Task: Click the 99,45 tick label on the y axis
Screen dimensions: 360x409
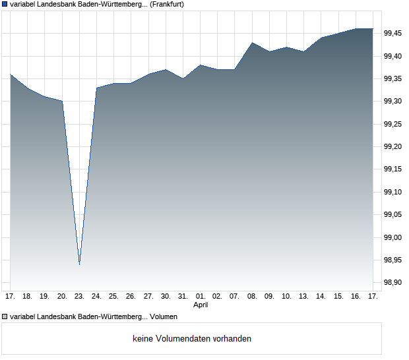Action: click(393, 34)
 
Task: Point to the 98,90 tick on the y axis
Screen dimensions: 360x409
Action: click(393, 283)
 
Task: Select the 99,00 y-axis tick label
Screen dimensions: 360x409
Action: click(393, 237)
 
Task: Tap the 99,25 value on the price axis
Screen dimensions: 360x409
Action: click(393, 124)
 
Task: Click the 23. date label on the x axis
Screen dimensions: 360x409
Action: click(79, 297)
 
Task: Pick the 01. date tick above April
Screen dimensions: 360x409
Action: click(201, 297)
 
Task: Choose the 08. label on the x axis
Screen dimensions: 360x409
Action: click(252, 297)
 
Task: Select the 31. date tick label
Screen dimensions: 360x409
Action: click(183, 297)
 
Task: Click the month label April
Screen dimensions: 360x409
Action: click(201, 305)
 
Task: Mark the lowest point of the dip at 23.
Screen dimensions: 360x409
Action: click(79, 264)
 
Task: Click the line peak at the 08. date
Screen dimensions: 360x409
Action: click(252, 43)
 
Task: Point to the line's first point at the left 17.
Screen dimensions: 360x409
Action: click(11, 75)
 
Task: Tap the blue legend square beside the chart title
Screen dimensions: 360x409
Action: click(5, 5)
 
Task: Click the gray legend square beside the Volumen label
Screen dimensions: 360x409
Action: click(5, 317)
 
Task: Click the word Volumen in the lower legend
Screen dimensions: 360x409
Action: click(164, 317)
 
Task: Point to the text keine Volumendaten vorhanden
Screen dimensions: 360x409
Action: click(192, 339)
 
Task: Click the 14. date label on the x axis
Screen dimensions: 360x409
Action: click(321, 297)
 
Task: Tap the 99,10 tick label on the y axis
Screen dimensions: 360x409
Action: click(393, 192)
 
